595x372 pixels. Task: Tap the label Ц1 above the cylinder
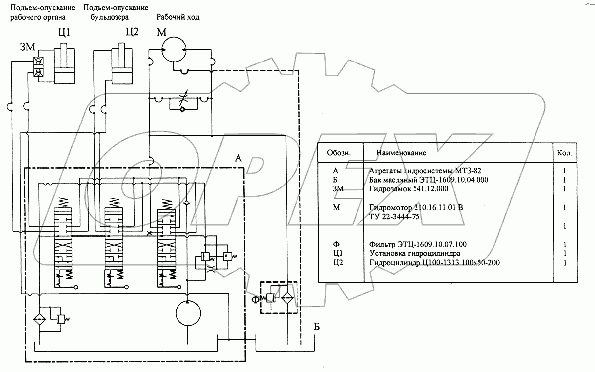(64, 32)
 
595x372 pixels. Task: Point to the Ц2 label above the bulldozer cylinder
(132, 32)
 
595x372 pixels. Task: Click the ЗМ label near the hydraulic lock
(28, 47)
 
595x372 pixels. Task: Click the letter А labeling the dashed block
(238, 158)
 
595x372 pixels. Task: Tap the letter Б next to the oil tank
(317, 327)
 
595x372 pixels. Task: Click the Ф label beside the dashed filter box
(255, 300)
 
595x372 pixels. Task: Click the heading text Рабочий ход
(178, 17)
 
